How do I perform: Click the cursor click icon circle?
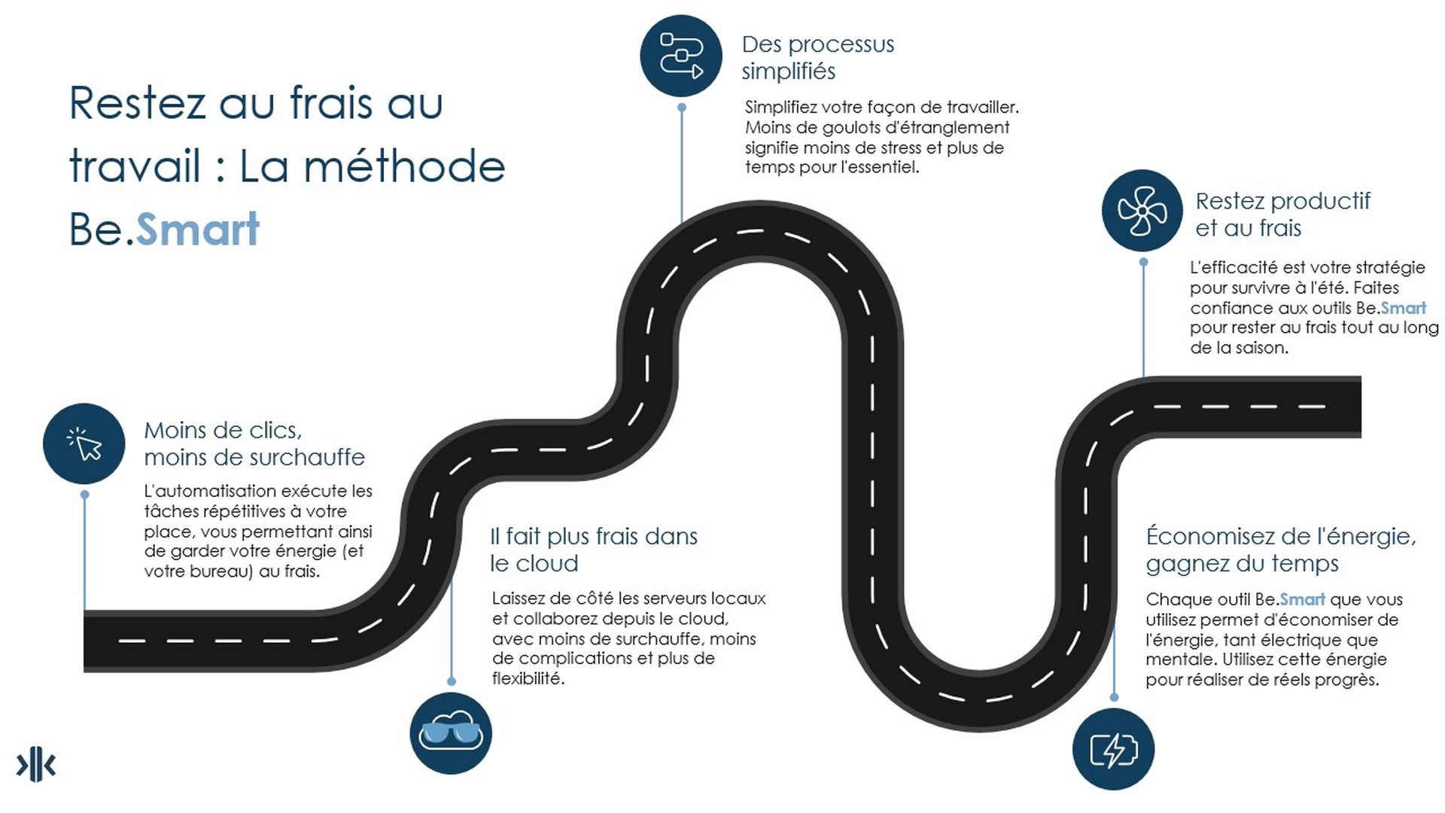[84, 443]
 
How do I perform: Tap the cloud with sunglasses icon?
[451, 733]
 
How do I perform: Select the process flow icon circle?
[681, 56]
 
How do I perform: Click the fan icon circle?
[1142, 210]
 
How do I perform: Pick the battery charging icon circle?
[1113, 749]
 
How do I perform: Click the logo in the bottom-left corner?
[35, 766]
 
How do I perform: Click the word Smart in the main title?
[198, 229]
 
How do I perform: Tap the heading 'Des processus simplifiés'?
[818, 57]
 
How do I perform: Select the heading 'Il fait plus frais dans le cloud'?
[594, 550]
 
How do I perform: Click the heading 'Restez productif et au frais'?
[1282, 215]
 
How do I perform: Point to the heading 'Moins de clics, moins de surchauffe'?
[254, 443]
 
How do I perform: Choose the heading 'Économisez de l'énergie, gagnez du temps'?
[1281, 550]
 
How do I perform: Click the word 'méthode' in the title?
[404, 166]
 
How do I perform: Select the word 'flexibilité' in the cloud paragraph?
[528, 678]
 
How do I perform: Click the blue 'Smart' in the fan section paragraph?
[1404, 308]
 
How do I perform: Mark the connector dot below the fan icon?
[1143, 262]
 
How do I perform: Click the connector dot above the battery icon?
[1114, 697]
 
